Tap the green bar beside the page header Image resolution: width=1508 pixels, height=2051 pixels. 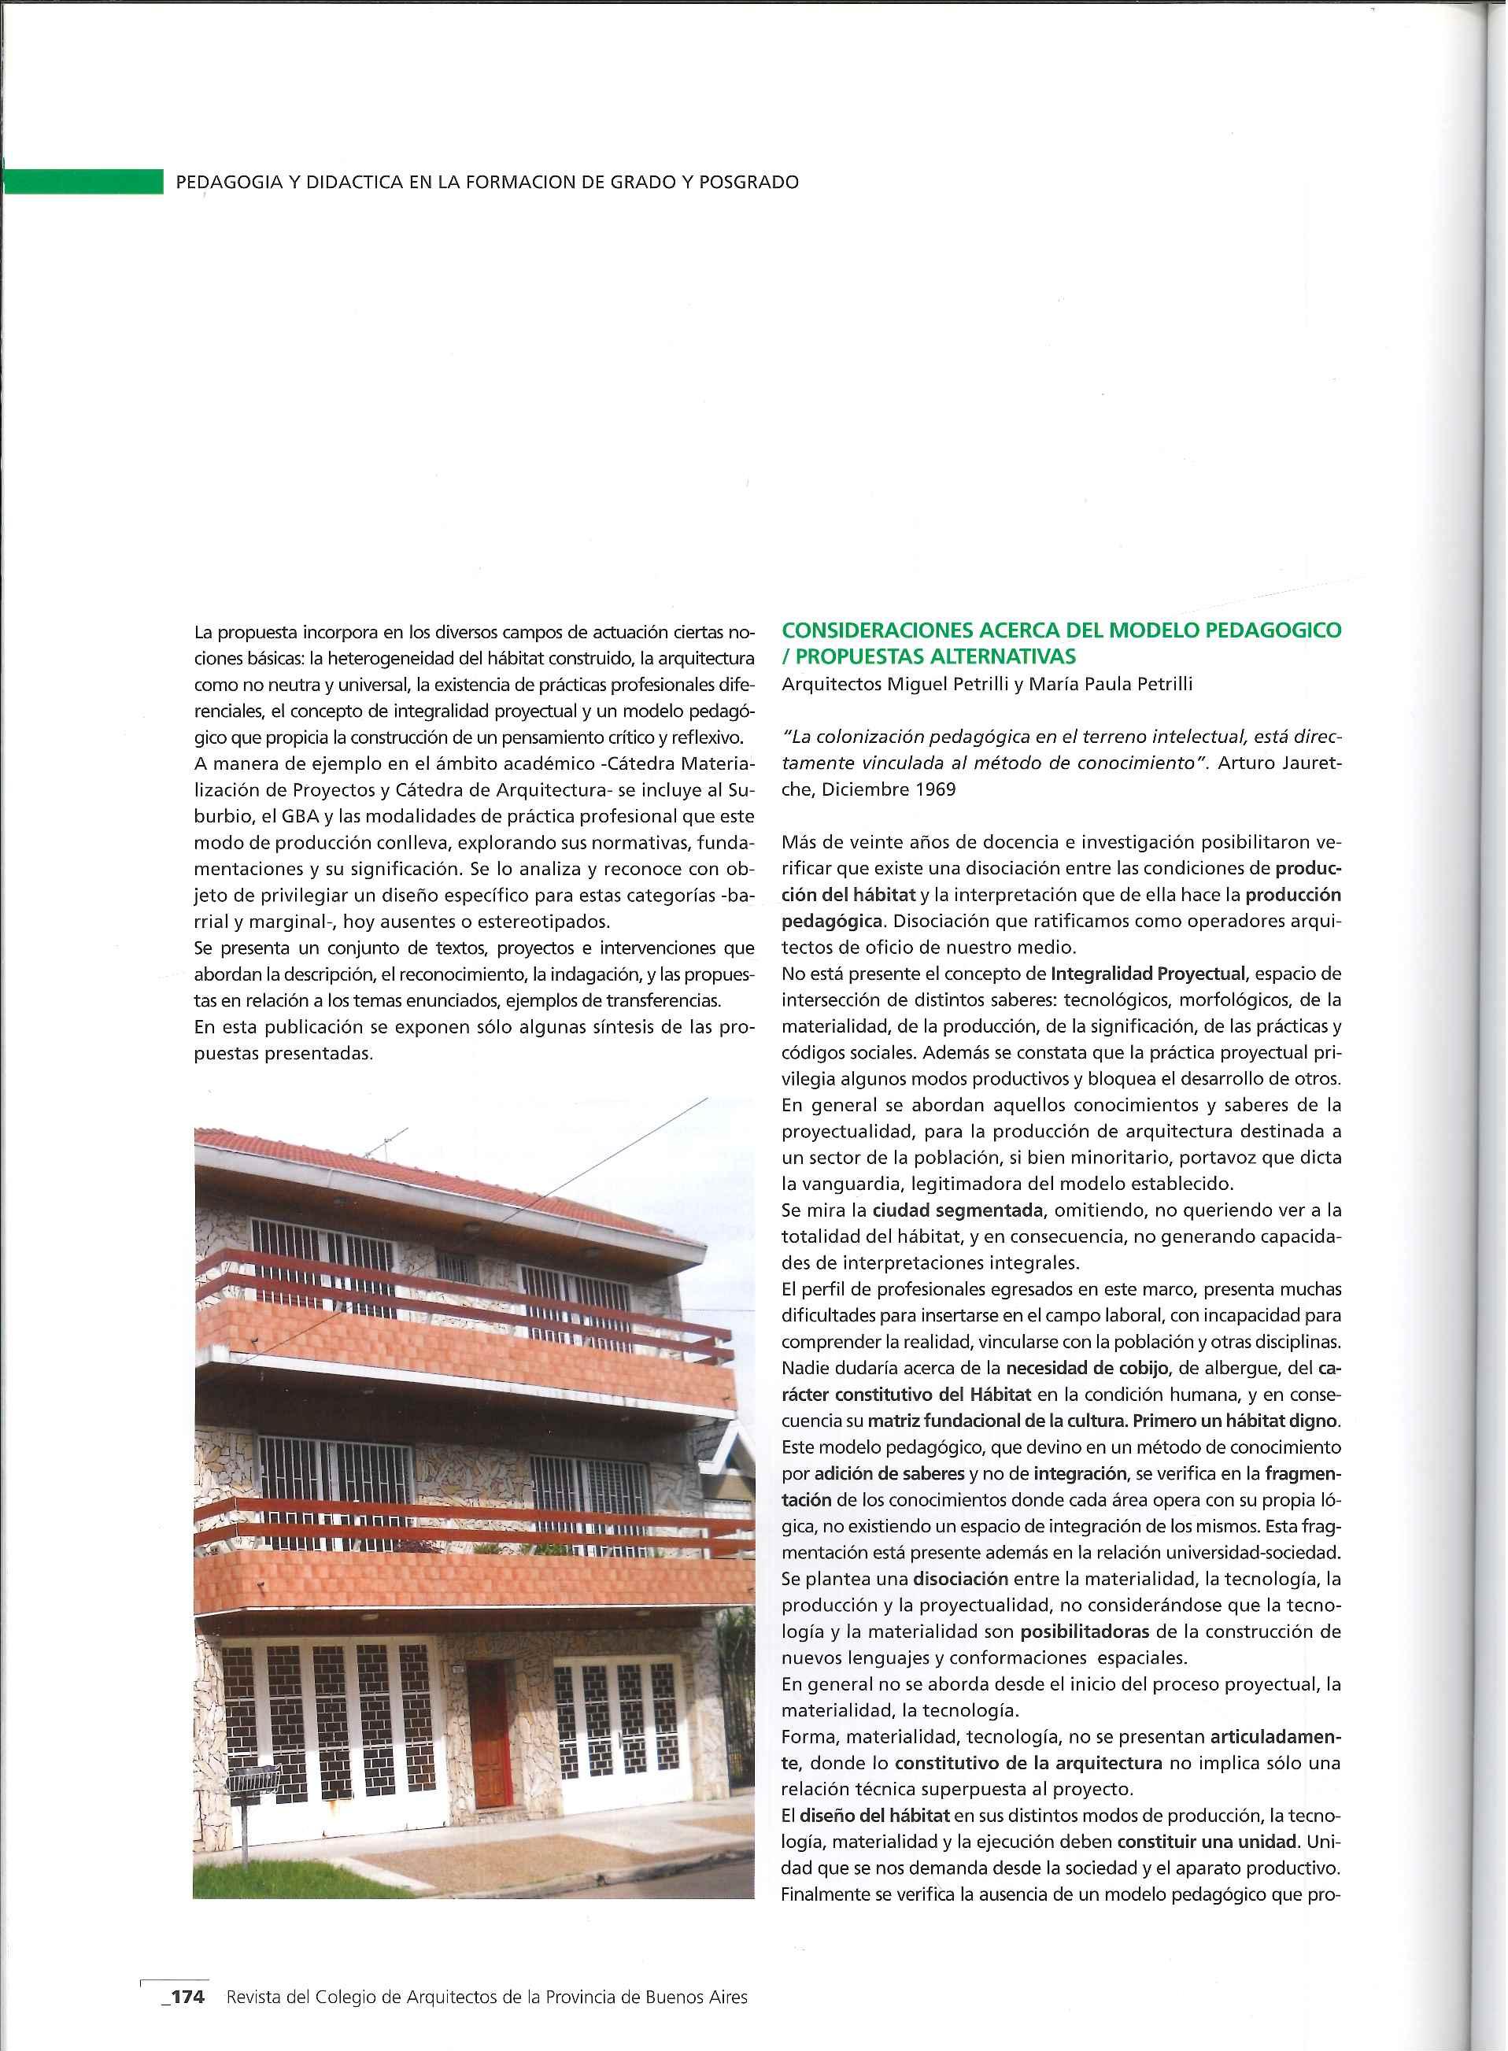[x=82, y=181]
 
